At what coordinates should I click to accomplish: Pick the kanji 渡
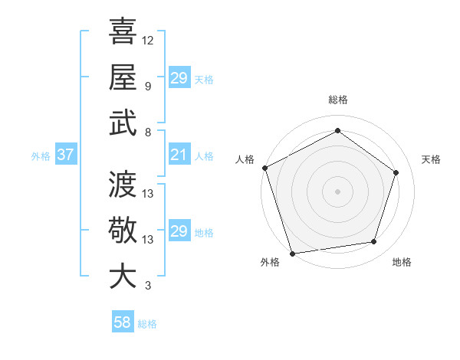123,184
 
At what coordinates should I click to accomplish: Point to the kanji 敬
123,230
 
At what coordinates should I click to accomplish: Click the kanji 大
123,277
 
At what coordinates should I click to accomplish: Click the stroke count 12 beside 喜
148,40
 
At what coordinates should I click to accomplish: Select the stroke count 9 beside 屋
148,86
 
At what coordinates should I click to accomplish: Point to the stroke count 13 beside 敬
148,240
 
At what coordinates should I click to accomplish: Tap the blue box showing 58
123,322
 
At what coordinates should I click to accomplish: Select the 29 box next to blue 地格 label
179,232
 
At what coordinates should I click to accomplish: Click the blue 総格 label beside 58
147,324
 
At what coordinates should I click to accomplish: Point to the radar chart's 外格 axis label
270,263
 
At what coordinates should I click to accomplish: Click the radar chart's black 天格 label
432,159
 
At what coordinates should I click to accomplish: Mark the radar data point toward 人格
264,168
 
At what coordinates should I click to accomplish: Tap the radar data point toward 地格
374,242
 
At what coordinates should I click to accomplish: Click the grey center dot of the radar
337,191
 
